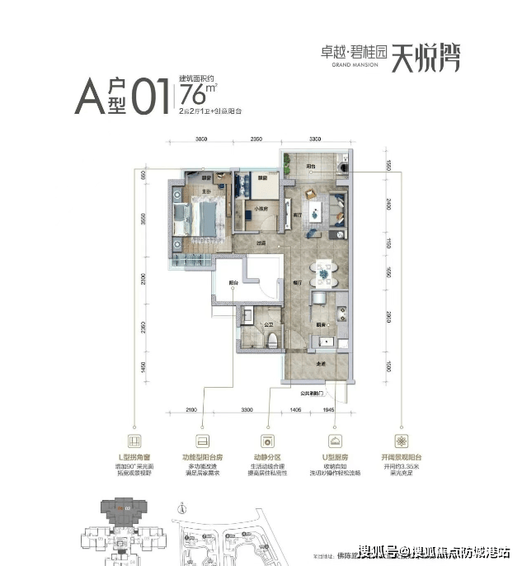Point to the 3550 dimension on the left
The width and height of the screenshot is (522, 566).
click(143, 219)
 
